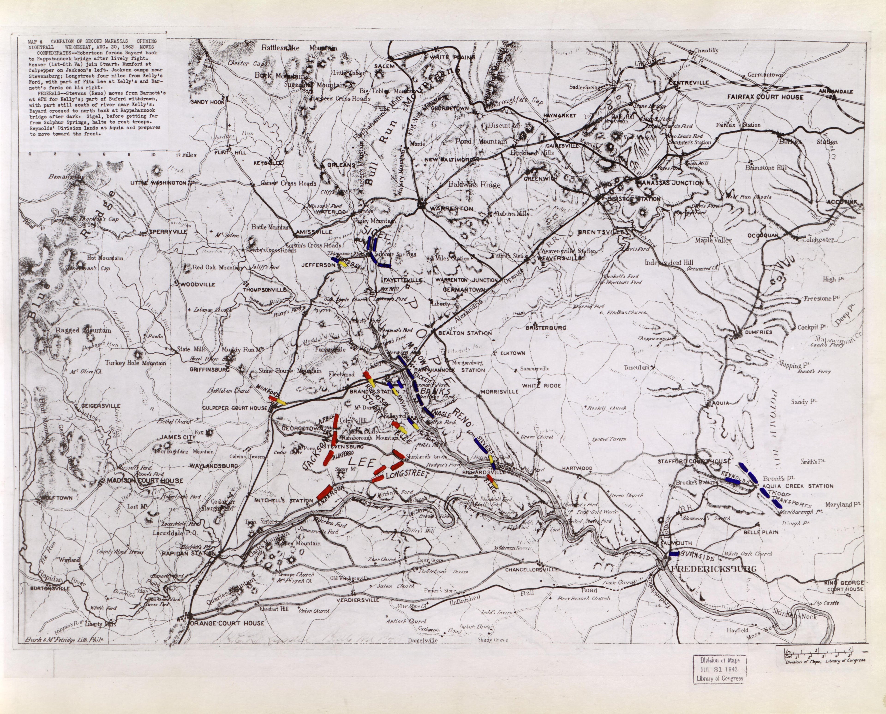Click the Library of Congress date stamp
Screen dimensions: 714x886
point(719,669)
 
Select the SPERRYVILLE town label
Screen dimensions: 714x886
point(169,231)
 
